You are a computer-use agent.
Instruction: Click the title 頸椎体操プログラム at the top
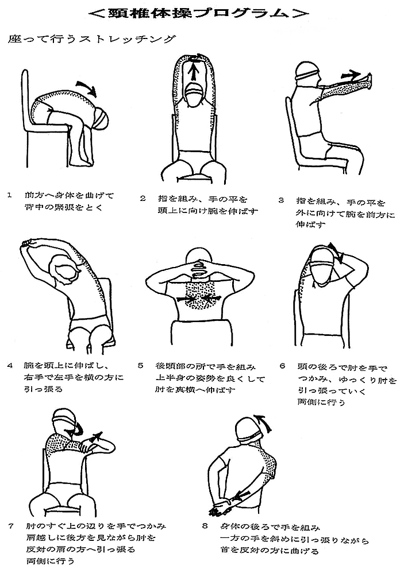[x=199, y=13]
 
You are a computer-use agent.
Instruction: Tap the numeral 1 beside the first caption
[x=10, y=195]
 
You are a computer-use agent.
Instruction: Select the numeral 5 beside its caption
[x=141, y=365]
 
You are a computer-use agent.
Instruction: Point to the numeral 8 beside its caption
[x=205, y=526]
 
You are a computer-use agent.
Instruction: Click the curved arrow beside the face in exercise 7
[x=78, y=429]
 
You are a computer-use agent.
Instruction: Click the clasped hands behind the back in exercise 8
[x=220, y=509]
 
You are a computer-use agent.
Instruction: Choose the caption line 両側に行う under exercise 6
[x=321, y=402]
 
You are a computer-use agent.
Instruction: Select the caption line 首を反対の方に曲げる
[x=269, y=551]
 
